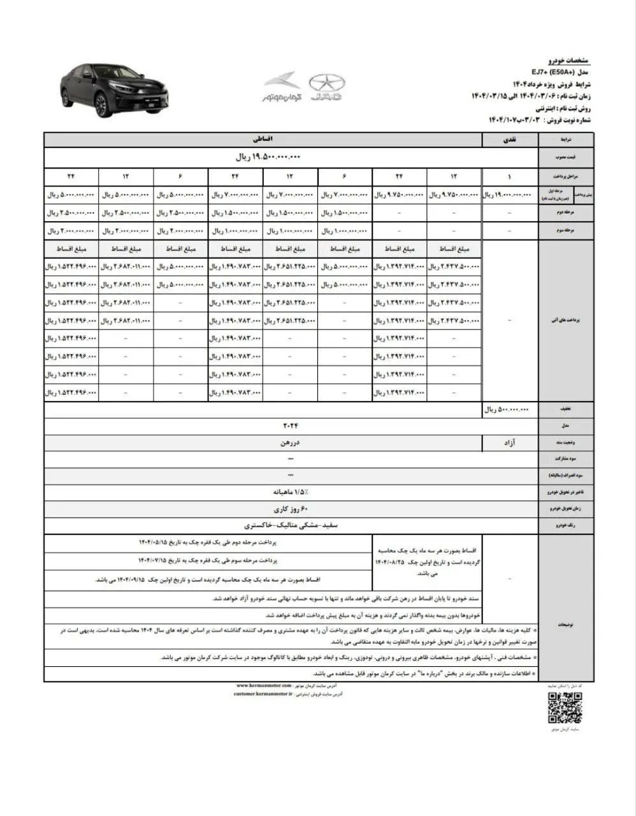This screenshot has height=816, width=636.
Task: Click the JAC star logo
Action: pos(326,83)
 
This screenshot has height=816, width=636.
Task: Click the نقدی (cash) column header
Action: pos(510,139)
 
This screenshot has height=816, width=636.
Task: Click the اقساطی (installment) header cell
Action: pos(262,139)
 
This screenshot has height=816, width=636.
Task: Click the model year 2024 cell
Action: pos(291,426)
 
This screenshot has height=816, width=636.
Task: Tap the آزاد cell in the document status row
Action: pos(510,442)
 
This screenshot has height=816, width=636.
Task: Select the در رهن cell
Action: pos(291,442)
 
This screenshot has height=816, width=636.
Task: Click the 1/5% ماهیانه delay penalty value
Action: pos(291,492)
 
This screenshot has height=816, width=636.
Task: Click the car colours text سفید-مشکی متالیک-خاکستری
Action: pos(291,526)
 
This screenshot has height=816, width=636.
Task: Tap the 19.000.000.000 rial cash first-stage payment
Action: pos(510,194)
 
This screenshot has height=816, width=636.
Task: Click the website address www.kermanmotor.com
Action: pos(259,685)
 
